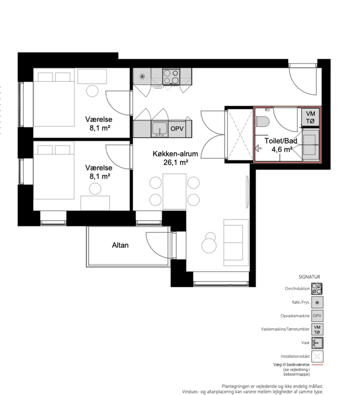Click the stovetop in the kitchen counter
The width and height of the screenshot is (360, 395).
click(x=171, y=77)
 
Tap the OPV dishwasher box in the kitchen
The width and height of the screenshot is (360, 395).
click(x=177, y=129)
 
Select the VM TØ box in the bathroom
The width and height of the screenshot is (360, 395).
click(x=310, y=117)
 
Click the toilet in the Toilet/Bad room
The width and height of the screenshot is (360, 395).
click(x=262, y=122)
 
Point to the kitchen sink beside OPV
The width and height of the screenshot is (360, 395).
click(x=160, y=129)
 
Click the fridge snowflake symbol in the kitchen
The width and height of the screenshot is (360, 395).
click(x=142, y=77)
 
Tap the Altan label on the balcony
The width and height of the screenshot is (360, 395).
click(x=120, y=245)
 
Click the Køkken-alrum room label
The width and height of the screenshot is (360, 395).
click(x=175, y=153)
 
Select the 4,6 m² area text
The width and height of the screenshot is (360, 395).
click(x=282, y=150)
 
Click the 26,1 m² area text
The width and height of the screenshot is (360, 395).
click(x=176, y=163)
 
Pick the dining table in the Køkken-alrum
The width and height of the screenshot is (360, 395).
click(x=174, y=191)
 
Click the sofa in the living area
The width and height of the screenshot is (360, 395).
click(x=236, y=243)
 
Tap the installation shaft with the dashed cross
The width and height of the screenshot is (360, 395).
click(x=240, y=134)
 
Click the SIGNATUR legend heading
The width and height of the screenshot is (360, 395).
click(x=309, y=277)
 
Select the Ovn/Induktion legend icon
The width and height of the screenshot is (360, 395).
click(x=317, y=289)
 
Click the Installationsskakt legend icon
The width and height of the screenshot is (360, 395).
click(x=317, y=356)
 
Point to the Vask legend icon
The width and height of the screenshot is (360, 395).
click(x=317, y=343)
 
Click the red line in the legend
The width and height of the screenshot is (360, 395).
click(x=317, y=365)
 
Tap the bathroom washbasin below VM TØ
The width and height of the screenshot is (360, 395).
click(x=310, y=145)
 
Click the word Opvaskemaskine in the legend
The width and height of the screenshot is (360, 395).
click(x=295, y=315)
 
